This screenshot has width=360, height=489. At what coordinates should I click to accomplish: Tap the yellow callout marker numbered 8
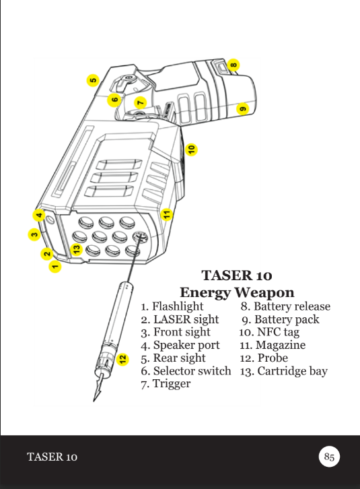click(x=233, y=65)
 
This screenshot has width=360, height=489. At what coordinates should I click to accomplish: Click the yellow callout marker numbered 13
click(x=77, y=249)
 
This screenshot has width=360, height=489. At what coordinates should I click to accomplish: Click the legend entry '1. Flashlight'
click(x=172, y=306)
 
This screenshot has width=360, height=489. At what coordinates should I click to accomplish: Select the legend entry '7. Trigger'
click(x=166, y=384)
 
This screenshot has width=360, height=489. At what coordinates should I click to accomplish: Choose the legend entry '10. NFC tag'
click(x=269, y=332)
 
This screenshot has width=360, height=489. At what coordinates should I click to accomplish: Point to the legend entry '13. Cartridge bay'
click(x=283, y=371)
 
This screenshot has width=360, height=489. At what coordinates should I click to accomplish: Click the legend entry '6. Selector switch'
click(x=186, y=371)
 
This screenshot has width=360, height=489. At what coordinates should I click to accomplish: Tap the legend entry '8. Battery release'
click(x=285, y=306)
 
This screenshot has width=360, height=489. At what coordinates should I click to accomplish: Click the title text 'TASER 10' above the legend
click(x=237, y=275)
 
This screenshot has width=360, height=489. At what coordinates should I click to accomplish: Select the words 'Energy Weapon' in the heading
click(x=237, y=292)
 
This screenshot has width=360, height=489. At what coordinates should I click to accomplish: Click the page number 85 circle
click(x=329, y=457)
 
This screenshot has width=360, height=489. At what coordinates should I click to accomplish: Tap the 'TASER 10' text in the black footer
click(x=52, y=458)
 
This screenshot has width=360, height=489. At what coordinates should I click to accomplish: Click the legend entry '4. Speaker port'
click(x=180, y=346)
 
